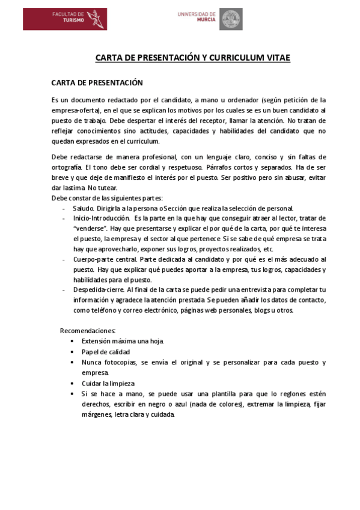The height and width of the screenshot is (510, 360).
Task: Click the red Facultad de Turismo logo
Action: [65, 19]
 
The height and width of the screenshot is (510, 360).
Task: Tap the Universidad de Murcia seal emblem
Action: [230, 19]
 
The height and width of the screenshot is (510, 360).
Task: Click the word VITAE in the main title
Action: [277, 58]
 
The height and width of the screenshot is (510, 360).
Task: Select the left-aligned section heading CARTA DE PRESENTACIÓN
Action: [97, 82]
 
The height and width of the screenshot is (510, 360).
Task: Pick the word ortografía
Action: [67, 167]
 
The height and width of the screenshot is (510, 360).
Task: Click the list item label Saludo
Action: [84, 208]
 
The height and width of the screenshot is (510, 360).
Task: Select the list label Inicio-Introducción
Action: [102, 218]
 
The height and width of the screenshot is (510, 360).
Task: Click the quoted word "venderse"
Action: [90, 229]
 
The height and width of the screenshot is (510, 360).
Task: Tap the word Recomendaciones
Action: [88, 331]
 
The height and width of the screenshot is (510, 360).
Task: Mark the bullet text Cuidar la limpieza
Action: [108, 383]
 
